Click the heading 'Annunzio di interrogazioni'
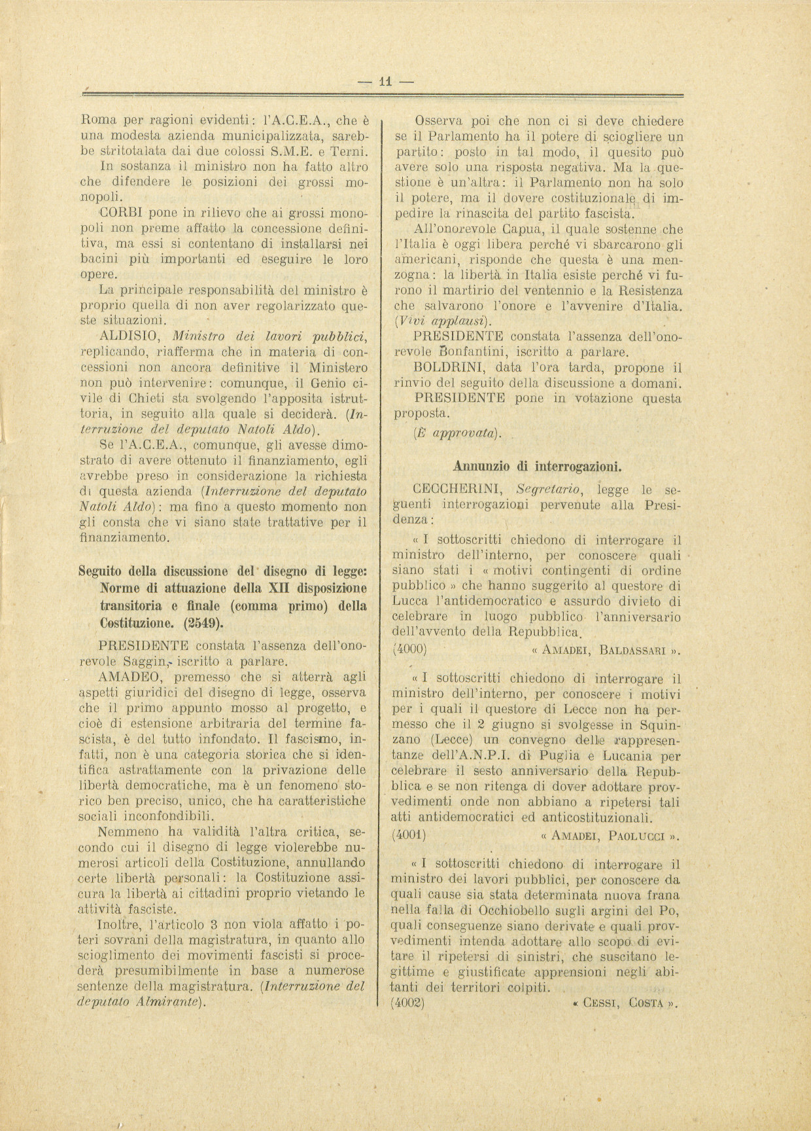point(537,467)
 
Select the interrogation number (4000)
point(410,650)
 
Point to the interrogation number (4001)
point(410,835)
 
